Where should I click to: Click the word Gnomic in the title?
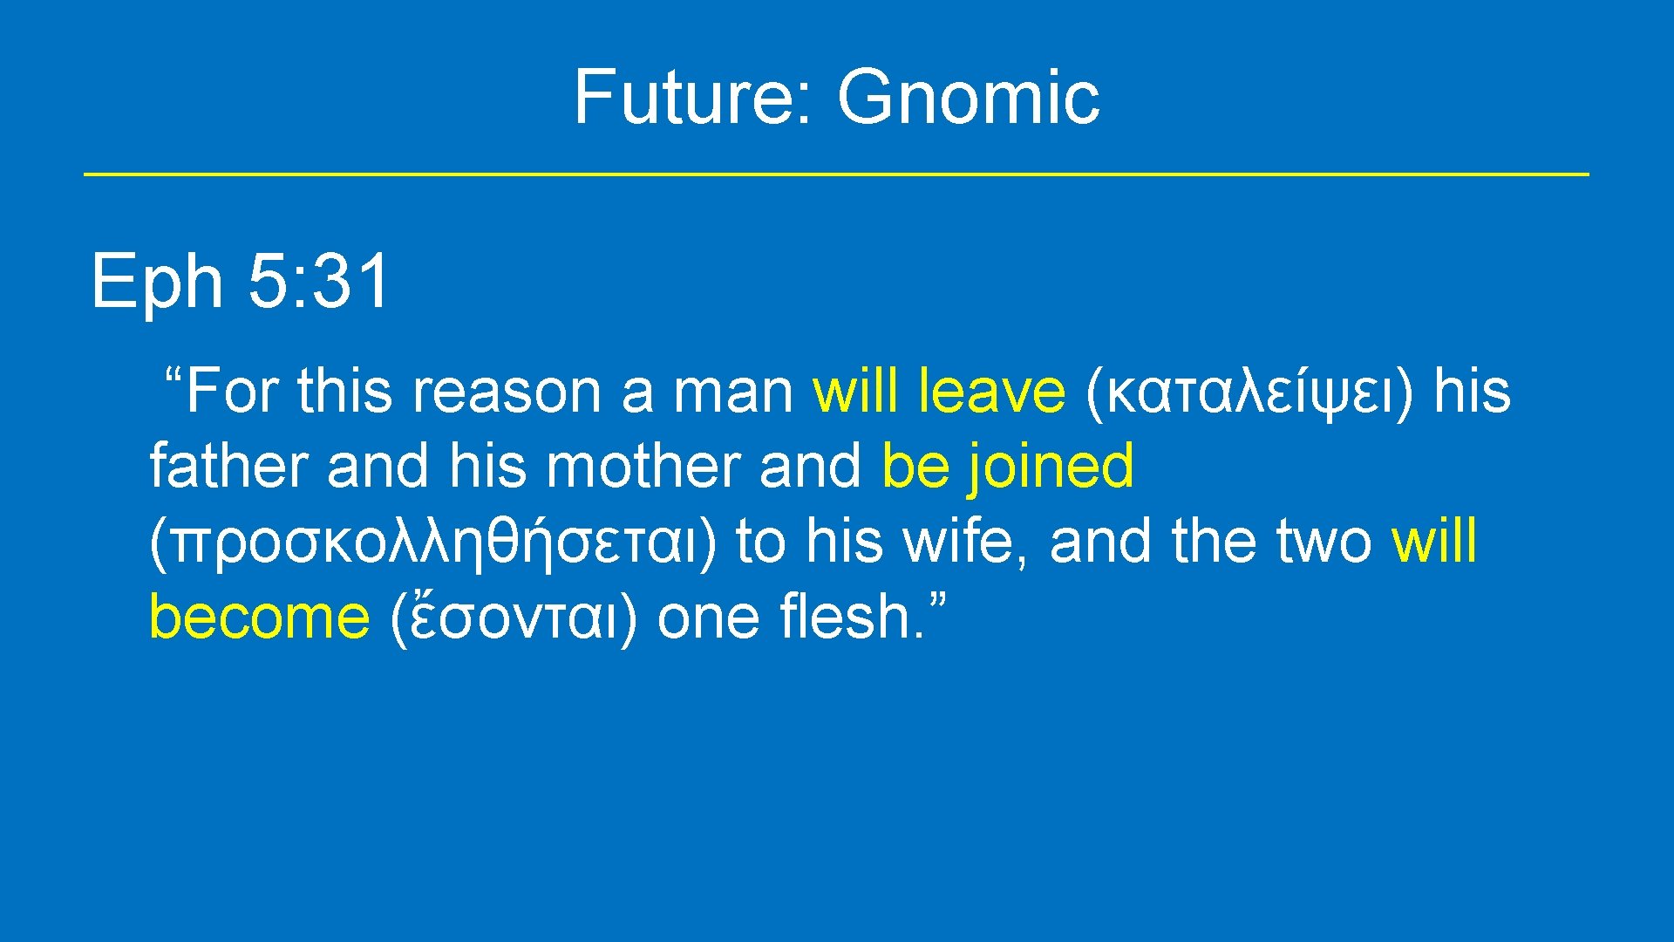pos(968,96)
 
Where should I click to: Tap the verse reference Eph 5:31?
pos(240,281)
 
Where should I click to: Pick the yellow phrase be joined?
pos(1008,466)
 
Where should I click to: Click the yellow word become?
pos(259,617)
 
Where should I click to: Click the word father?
pos(228,466)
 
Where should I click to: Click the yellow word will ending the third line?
pos(1433,542)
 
